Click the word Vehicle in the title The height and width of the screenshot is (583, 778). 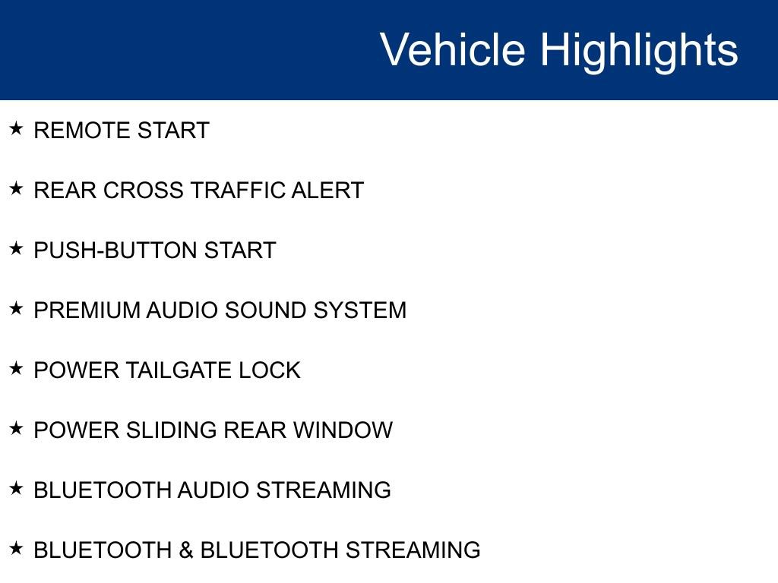pyautogui.click(x=452, y=50)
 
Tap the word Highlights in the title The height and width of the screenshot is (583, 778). pyautogui.click(x=639, y=50)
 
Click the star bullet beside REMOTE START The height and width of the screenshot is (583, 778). pyautogui.click(x=17, y=128)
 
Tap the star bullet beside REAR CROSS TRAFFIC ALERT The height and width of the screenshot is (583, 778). pyautogui.click(x=17, y=188)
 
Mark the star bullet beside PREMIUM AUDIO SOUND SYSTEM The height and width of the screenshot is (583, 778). pyautogui.click(x=17, y=308)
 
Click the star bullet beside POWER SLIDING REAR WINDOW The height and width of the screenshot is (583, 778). pyautogui.click(x=17, y=428)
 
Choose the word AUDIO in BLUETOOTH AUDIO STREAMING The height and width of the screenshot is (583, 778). pyautogui.click(x=213, y=490)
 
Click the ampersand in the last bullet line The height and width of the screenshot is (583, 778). pyautogui.click(x=186, y=550)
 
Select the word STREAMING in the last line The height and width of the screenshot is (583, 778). pyautogui.click(x=413, y=550)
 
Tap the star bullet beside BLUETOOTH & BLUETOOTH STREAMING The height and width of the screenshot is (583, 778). pyautogui.click(x=17, y=548)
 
